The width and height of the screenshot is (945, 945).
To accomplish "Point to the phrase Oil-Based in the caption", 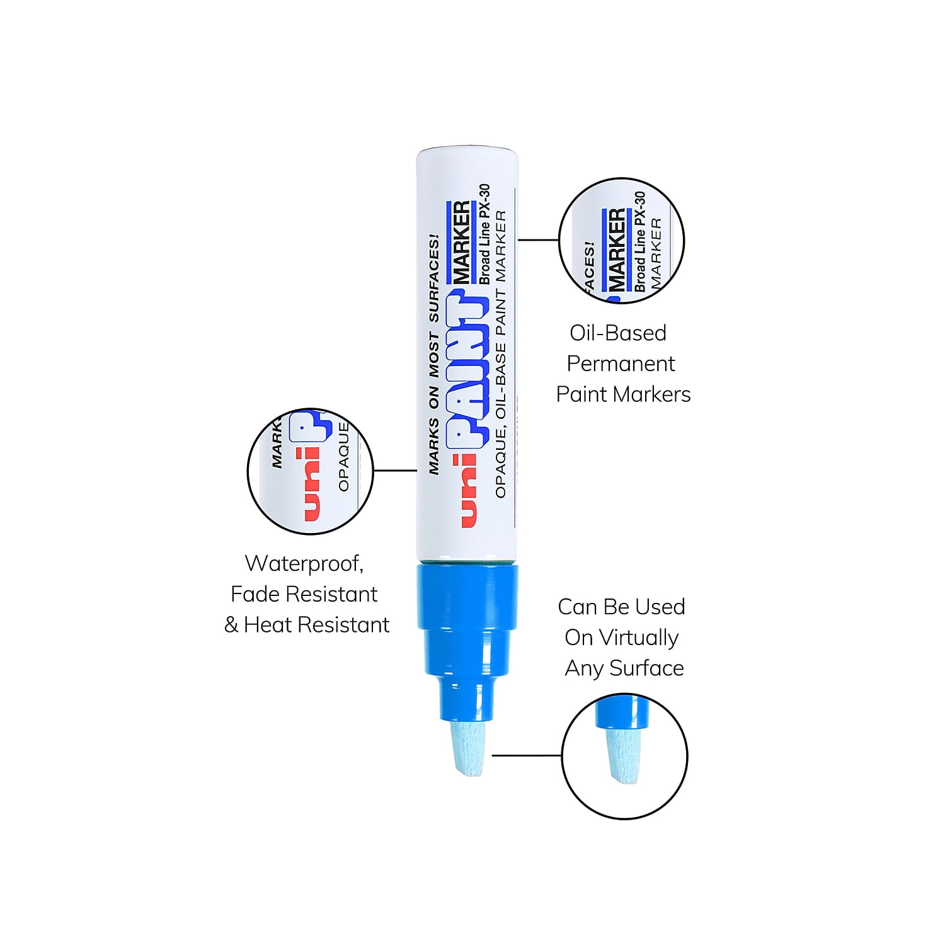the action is (x=618, y=333).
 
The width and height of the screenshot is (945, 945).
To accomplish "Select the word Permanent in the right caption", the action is (x=621, y=364).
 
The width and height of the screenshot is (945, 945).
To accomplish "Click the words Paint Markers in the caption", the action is (x=623, y=394).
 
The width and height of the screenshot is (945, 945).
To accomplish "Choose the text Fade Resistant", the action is (x=304, y=593).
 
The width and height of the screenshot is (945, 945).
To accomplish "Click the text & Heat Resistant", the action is (x=307, y=624).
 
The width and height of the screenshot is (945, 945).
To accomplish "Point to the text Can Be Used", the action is (x=621, y=607).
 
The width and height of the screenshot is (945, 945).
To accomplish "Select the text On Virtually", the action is (x=622, y=638).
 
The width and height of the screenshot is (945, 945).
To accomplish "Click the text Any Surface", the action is (x=624, y=668).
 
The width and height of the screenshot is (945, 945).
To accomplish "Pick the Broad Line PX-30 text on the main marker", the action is (x=484, y=234).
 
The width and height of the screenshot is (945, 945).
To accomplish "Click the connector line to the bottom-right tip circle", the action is (x=527, y=755).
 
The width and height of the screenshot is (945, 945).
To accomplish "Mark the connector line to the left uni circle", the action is (x=395, y=470).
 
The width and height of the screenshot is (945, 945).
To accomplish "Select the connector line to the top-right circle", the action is (x=539, y=239).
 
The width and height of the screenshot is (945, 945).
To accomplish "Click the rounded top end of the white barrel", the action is (x=467, y=152).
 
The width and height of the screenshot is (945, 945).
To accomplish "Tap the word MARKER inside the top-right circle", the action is (x=617, y=250).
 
